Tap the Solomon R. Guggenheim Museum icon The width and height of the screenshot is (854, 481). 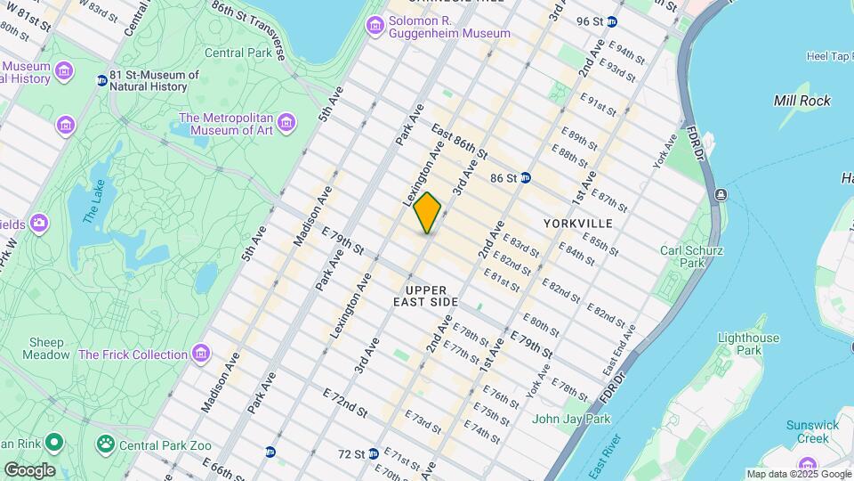tap(375, 26)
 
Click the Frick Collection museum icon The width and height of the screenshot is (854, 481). tap(201, 355)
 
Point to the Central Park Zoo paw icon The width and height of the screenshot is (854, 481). tap(106, 442)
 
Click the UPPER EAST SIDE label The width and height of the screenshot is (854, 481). tap(431, 297)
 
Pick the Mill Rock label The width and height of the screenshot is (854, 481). tap(802, 101)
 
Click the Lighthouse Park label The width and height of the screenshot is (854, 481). tap(749, 344)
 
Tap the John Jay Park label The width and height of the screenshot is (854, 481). tap(571, 419)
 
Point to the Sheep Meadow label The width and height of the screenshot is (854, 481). tap(48, 348)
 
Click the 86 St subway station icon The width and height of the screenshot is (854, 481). tap(526, 177)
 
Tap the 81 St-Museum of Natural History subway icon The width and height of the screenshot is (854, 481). tap(101, 80)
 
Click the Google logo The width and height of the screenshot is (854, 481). tap(28, 469)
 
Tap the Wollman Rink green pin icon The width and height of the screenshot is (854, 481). tap(53, 442)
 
